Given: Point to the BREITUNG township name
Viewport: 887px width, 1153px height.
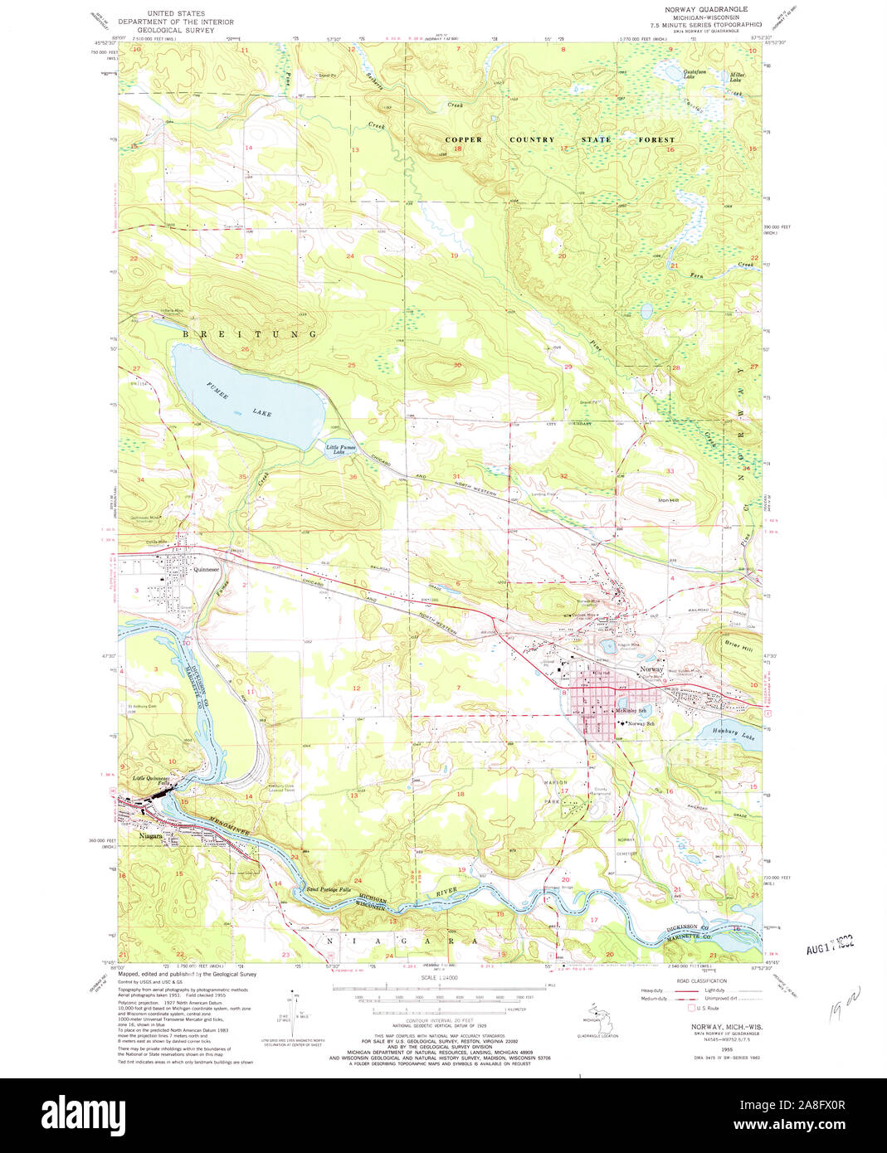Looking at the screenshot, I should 250,333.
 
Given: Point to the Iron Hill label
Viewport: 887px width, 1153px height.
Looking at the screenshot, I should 668,500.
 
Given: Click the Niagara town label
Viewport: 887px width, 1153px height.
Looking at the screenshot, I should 144,836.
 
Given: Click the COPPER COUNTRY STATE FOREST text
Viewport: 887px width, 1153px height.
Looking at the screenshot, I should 560,139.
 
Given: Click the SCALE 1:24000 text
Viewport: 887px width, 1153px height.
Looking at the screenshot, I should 440,978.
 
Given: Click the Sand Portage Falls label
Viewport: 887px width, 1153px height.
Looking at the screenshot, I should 329,888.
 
